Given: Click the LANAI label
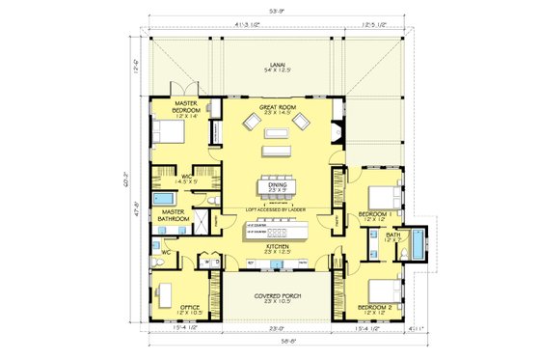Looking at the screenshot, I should (279, 67).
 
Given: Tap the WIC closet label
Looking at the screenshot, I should (189, 178).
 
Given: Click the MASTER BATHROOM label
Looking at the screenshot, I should (175, 215).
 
